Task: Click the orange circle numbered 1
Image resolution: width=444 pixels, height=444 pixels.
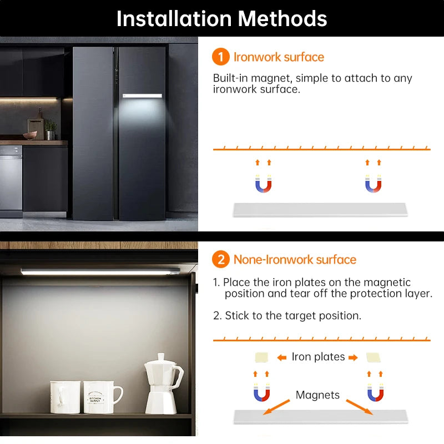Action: [x=221, y=57]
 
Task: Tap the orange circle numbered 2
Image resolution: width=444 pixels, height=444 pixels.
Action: [x=221, y=259]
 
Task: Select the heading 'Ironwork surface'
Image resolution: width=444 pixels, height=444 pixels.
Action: [x=279, y=57]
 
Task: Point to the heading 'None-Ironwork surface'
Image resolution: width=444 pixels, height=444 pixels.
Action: [x=295, y=259]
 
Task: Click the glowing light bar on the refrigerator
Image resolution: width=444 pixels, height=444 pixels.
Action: [x=142, y=96]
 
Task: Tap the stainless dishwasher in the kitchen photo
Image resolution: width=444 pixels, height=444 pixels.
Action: [x=11, y=180]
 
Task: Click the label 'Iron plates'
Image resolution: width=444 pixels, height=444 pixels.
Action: [x=318, y=357]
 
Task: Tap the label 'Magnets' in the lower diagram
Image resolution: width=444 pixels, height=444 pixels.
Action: [x=317, y=395]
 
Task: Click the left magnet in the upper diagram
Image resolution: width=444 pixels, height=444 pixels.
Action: [x=263, y=184]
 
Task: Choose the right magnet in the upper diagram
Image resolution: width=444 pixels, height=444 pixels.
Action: [x=373, y=184]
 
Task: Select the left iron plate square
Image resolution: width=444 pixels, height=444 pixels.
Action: [x=260, y=357]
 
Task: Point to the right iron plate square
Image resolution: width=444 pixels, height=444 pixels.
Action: [x=373, y=357]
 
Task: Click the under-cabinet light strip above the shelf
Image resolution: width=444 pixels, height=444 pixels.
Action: [x=100, y=271]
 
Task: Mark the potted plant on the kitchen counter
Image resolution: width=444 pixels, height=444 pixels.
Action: [x=51, y=129]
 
